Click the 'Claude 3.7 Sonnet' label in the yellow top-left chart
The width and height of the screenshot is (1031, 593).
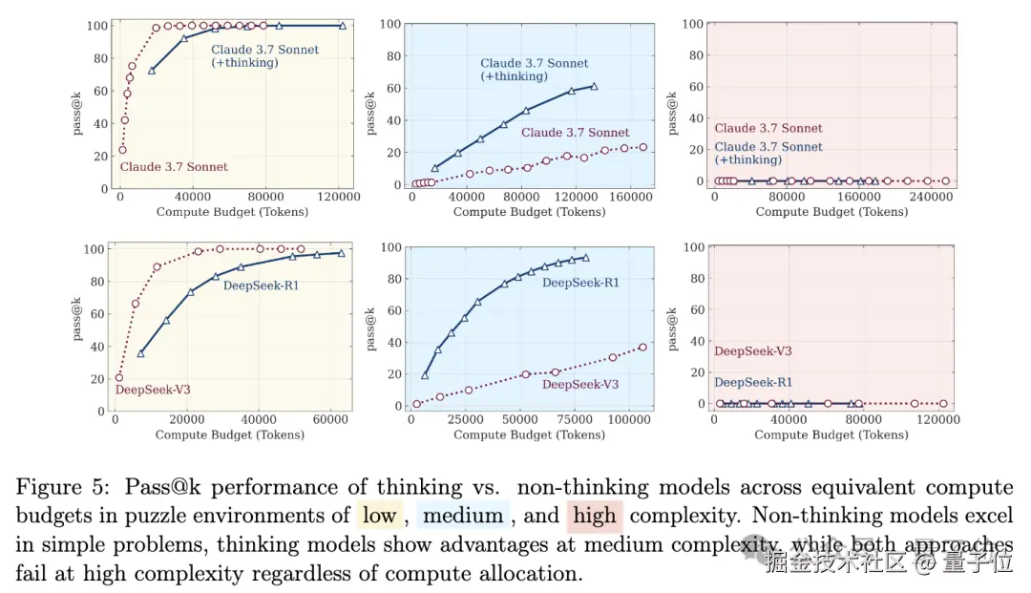coord(174,167)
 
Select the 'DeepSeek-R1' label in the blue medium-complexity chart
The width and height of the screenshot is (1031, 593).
coord(580,283)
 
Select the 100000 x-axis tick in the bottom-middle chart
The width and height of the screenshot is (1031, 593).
coord(627,420)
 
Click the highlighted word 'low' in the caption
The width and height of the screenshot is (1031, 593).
coord(380,517)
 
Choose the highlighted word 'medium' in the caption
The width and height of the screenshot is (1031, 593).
coord(463,517)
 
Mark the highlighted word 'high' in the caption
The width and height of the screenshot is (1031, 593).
coord(594,517)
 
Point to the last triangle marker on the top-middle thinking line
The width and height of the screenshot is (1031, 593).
coord(594,87)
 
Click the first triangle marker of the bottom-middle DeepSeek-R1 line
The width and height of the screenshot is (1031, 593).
coord(426,375)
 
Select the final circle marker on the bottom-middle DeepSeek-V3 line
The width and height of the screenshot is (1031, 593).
coord(642,347)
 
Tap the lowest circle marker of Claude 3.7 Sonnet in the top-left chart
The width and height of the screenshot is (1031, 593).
coord(122,150)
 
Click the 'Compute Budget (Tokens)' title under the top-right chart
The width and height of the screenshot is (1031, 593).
coord(831,211)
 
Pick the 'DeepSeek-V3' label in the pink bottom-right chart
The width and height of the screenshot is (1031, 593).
coord(753,351)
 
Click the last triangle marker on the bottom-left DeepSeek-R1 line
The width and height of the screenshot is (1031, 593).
coord(341,253)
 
